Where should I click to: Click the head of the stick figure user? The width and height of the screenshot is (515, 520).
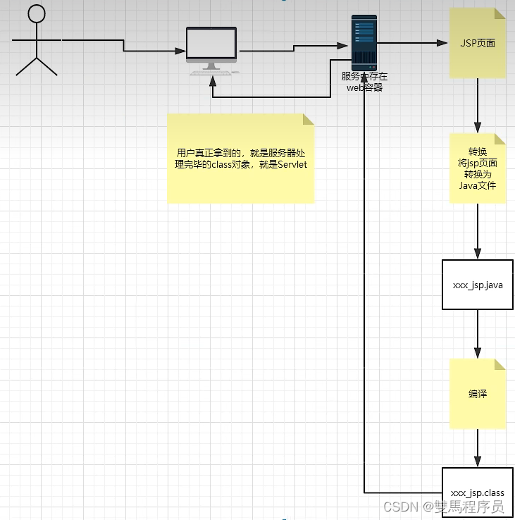[x=36, y=14]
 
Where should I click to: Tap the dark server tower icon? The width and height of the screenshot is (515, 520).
[x=364, y=42]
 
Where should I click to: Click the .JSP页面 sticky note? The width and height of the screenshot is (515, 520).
[x=478, y=43]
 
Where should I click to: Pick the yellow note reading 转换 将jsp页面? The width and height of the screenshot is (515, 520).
[x=478, y=168]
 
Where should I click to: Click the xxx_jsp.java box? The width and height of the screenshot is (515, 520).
[x=477, y=285]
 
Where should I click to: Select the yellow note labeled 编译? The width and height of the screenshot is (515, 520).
[x=478, y=394]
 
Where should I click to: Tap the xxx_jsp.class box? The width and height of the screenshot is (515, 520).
[x=477, y=492]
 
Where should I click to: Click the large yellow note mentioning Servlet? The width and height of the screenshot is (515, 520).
[x=241, y=159]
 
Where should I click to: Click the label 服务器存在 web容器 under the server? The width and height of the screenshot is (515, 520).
[x=364, y=82]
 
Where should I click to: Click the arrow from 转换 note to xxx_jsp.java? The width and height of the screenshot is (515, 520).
[x=478, y=231]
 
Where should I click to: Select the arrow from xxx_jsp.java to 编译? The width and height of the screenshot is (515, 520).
[x=478, y=333]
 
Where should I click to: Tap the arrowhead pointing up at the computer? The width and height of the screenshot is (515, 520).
[x=212, y=79]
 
